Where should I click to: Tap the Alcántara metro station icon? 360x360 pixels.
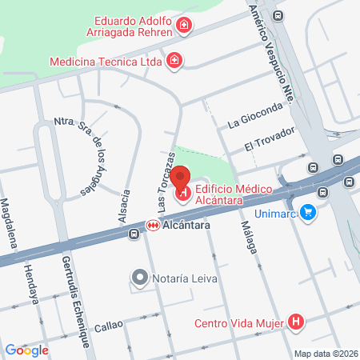(x=151, y=227)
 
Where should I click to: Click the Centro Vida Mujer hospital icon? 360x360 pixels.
(x=297, y=323)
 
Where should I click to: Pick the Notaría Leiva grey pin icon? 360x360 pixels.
(x=139, y=278)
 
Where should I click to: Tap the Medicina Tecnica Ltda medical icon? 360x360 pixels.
(x=174, y=60)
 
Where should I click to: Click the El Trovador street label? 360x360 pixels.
(x=270, y=138)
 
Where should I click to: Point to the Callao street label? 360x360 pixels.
(x=109, y=326)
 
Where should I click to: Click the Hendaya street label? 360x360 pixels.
(x=32, y=283)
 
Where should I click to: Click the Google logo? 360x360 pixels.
(x=26, y=350)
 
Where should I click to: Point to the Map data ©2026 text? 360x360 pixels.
(x=326, y=353)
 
